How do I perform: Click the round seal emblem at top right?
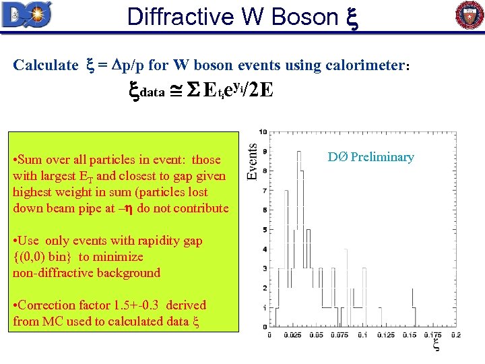pyautogui.click(x=470, y=16)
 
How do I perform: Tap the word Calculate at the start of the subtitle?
pyautogui.click(x=45, y=65)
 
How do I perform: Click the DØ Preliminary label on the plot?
pyautogui.click(x=370, y=157)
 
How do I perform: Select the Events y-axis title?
pyautogui.click(x=253, y=161)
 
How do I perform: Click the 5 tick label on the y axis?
pyautogui.click(x=265, y=230)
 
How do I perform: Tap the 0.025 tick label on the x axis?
pyautogui.click(x=293, y=334)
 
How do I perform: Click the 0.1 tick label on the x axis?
pyautogui.click(x=363, y=334)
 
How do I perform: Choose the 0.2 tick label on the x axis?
pyautogui.click(x=456, y=334)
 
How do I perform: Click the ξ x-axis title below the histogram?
pyautogui.click(x=436, y=345)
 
